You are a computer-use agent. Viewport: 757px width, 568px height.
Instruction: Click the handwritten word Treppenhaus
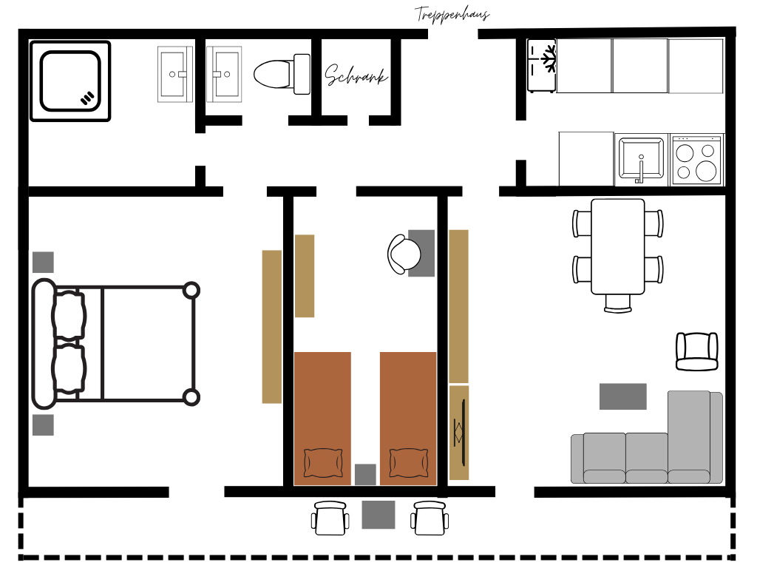point(452,14)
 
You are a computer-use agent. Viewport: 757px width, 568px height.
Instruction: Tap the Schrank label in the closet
point(356,75)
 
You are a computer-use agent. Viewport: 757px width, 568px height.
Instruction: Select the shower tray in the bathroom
point(70,81)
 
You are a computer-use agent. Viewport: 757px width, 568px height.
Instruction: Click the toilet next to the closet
point(282,74)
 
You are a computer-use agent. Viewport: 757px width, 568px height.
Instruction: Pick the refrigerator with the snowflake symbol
point(542,66)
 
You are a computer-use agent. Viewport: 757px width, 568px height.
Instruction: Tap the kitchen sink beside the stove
point(641,160)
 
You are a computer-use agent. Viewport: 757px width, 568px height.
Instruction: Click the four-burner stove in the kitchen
point(696,160)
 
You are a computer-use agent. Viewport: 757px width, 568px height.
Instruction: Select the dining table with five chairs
point(618,246)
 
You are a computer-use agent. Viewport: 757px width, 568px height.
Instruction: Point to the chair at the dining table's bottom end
point(618,303)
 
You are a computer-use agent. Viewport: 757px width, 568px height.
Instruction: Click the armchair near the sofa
point(696,351)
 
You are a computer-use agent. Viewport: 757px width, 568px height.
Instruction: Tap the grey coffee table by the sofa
point(622,396)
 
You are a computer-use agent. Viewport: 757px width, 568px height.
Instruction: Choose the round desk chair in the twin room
point(404,254)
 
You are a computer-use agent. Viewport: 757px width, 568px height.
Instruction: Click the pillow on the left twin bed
point(323,463)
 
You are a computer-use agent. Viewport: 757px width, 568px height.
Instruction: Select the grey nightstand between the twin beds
point(365,474)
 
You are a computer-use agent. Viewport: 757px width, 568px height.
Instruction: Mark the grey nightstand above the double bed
point(43,263)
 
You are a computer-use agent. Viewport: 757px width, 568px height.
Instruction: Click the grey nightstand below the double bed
point(43,425)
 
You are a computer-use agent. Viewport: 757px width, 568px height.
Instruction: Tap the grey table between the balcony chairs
point(378,515)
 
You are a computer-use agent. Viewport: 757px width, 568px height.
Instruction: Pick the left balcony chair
point(330,518)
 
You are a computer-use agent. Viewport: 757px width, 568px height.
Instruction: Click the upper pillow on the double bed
point(69,315)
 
